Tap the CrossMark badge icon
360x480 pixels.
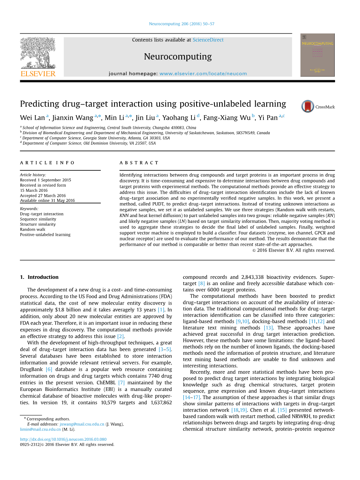pos(308,107)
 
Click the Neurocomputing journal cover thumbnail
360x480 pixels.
pos(317,55)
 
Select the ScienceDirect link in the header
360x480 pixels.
pos(208,40)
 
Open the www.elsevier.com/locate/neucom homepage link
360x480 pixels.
pos(203,74)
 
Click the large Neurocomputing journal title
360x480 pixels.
pos(178,57)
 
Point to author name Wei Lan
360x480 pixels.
pos(32,117)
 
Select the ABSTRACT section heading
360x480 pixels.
pos(139,163)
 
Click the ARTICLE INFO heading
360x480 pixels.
pos(47,163)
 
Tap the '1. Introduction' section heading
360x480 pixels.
pos(39,277)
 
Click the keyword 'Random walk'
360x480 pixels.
pos(33,229)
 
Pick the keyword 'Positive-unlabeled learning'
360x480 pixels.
pos(45,235)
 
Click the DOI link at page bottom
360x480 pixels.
pos(63,440)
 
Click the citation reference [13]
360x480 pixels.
pos(268,328)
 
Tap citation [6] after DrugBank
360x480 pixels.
pos(49,369)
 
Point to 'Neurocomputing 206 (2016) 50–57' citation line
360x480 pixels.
pos(181,24)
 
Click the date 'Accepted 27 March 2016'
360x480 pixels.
pos(43,196)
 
